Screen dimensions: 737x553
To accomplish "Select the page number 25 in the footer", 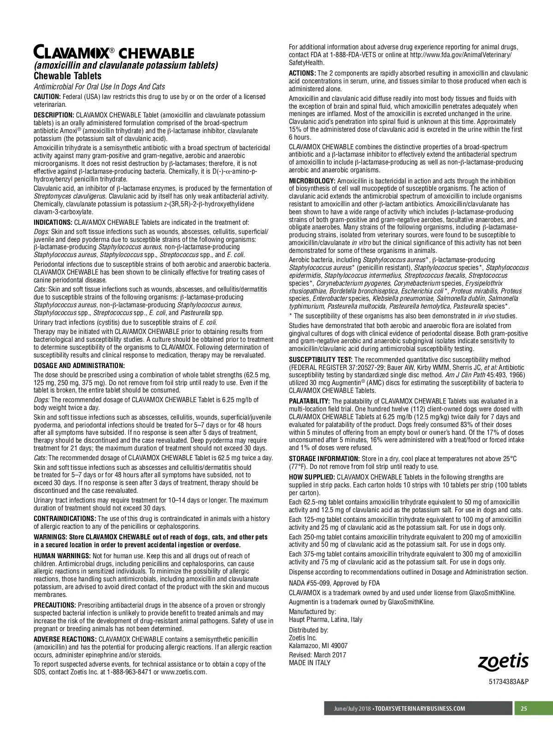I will [x=524, y=708].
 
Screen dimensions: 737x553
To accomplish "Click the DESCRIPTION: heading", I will [x=53, y=115].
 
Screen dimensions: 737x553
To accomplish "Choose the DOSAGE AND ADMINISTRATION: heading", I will [x=79, y=366].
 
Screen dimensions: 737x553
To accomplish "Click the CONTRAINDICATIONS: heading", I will [x=65, y=519].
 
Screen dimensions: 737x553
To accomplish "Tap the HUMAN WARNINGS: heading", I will [x=62, y=556].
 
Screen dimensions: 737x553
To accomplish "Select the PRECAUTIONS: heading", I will [x=55, y=605].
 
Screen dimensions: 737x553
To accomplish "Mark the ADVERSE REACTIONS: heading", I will [x=65, y=639].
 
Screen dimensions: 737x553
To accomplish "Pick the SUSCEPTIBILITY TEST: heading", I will [x=321, y=360].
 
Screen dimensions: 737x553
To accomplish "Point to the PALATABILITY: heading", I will [x=309, y=401].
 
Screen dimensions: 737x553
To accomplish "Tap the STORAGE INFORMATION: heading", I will [x=324, y=459].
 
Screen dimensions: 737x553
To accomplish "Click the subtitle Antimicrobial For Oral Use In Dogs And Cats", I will [x=99, y=87].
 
